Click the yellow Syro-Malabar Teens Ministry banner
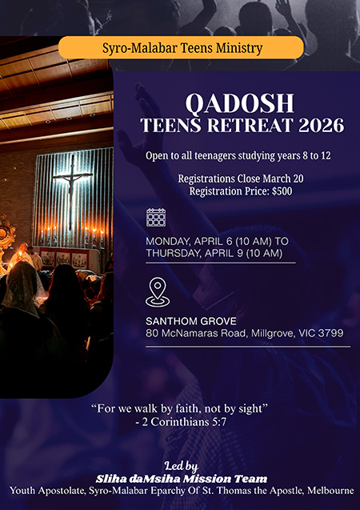[182, 47]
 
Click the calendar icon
[156, 217]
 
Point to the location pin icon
[156, 291]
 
